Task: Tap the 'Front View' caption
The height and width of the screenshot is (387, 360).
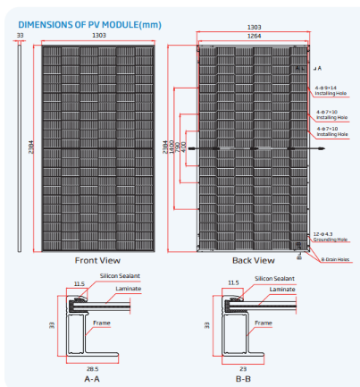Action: (x=98, y=260)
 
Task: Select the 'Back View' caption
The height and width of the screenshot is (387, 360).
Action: (x=253, y=260)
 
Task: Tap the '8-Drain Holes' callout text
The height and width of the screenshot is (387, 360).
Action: (x=339, y=259)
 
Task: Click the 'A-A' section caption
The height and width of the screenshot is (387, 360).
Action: (x=91, y=378)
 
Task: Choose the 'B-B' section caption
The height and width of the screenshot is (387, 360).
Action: (x=242, y=378)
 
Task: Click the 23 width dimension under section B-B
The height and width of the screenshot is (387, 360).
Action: (x=241, y=366)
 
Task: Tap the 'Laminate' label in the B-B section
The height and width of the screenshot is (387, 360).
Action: (x=281, y=289)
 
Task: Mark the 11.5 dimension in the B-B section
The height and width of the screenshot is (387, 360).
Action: (x=234, y=282)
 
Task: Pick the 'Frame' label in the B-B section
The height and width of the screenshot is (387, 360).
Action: (x=264, y=323)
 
